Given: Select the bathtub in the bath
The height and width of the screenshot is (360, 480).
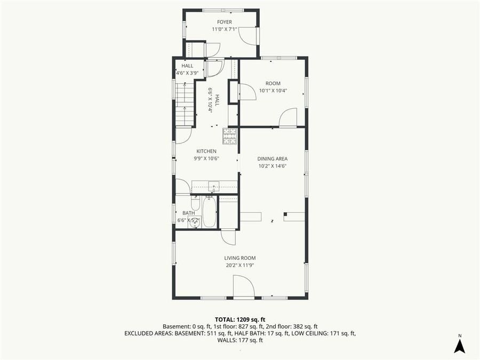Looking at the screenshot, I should tap(209, 212).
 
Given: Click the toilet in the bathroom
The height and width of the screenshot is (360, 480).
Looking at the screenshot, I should tap(195, 204).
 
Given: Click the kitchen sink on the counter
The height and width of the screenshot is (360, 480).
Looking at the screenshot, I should tap(214, 186).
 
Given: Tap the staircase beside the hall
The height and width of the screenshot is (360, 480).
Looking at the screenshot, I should tap(184, 104).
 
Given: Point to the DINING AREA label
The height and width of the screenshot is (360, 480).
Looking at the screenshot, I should tap(273, 158).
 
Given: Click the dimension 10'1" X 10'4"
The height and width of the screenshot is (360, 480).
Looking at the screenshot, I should tap(273, 91).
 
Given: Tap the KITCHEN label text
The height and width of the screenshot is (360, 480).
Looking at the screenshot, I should tap(206, 151).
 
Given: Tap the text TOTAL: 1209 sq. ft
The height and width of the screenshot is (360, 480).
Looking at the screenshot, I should tap(240, 319).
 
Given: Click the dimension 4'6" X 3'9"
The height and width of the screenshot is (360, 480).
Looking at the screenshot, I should tap(187, 73).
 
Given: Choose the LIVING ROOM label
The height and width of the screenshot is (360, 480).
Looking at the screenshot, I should tap(239, 258).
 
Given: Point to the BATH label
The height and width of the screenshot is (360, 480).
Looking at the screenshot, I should tap(189, 213).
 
